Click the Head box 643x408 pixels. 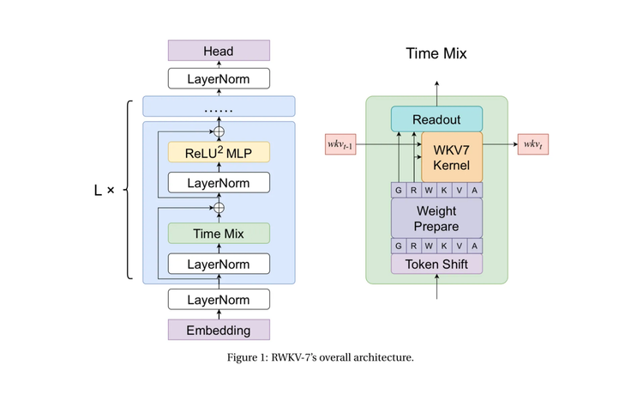tap(218, 52)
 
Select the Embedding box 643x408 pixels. tap(218, 330)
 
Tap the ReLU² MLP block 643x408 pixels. tap(218, 153)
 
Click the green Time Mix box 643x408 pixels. tap(218, 233)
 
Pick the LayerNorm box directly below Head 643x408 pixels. tap(218, 79)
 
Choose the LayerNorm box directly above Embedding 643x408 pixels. tap(218, 300)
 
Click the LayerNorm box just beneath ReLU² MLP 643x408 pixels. tap(218, 182)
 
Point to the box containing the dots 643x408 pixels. tap(219, 107)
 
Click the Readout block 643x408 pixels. tap(436, 119)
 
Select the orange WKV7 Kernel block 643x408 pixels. tap(452, 155)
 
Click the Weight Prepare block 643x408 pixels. tap(436, 217)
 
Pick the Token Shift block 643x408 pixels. tap(436, 264)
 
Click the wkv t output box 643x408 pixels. tap(532, 144)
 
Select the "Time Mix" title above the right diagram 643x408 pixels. tap(436, 55)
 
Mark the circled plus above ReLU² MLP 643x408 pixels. tap(218, 131)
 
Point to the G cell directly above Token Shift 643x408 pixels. tap(400, 246)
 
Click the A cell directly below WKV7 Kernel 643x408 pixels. tap(474, 189)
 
